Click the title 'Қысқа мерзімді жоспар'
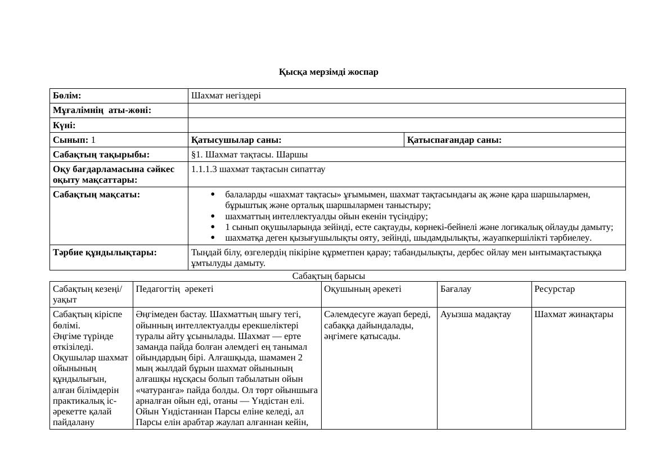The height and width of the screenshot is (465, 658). [x=328, y=72]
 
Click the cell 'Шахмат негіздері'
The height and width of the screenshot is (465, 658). [x=226, y=96]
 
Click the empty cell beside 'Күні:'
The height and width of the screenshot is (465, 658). [x=406, y=125]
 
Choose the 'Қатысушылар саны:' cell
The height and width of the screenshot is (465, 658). [x=236, y=139]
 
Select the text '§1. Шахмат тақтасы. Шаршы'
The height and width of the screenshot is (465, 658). [x=249, y=154]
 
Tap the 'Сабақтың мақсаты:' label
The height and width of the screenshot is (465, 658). [x=96, y=195]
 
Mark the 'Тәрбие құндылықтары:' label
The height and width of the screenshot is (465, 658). [x=105, y=252]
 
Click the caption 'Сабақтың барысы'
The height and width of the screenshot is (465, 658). [x=329, y=276]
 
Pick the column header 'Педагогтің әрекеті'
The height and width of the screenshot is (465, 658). [x=174, y=289]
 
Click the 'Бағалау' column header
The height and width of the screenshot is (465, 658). [x=456, y=289]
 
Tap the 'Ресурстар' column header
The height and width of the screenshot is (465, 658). [x=555, y=289]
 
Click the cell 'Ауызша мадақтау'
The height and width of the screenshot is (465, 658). [x=476, y=314]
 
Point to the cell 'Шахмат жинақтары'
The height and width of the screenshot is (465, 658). [x=574, y=314]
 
